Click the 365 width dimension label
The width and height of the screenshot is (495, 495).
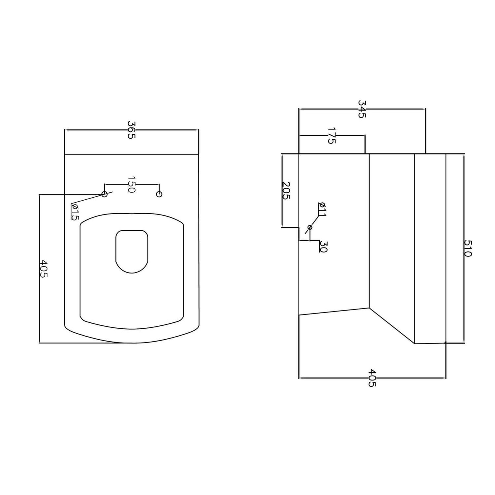point(131,130)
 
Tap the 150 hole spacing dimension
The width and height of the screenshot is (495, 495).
point(131,185)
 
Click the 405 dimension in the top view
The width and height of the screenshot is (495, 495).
point(44,269)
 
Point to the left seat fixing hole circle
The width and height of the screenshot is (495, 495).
point(104,194)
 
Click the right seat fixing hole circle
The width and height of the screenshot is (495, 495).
point(159,194)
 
